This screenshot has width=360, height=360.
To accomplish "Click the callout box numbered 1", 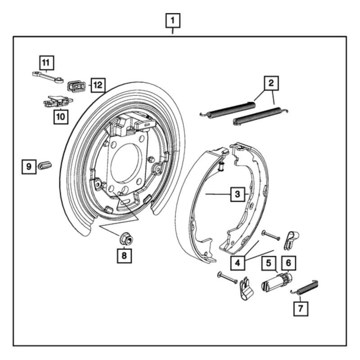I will (173, 20).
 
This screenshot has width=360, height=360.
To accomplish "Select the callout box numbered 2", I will (271, 83).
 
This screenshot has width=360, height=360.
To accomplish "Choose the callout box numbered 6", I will (288, 262).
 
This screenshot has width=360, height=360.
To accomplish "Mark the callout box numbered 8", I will (125, 255).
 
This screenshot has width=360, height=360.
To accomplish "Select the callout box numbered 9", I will (29, 166).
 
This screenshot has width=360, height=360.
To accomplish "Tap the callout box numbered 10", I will (60, 117).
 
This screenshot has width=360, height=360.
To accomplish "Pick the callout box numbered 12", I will (98, 84).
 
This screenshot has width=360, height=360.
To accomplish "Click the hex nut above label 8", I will (125, 238).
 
